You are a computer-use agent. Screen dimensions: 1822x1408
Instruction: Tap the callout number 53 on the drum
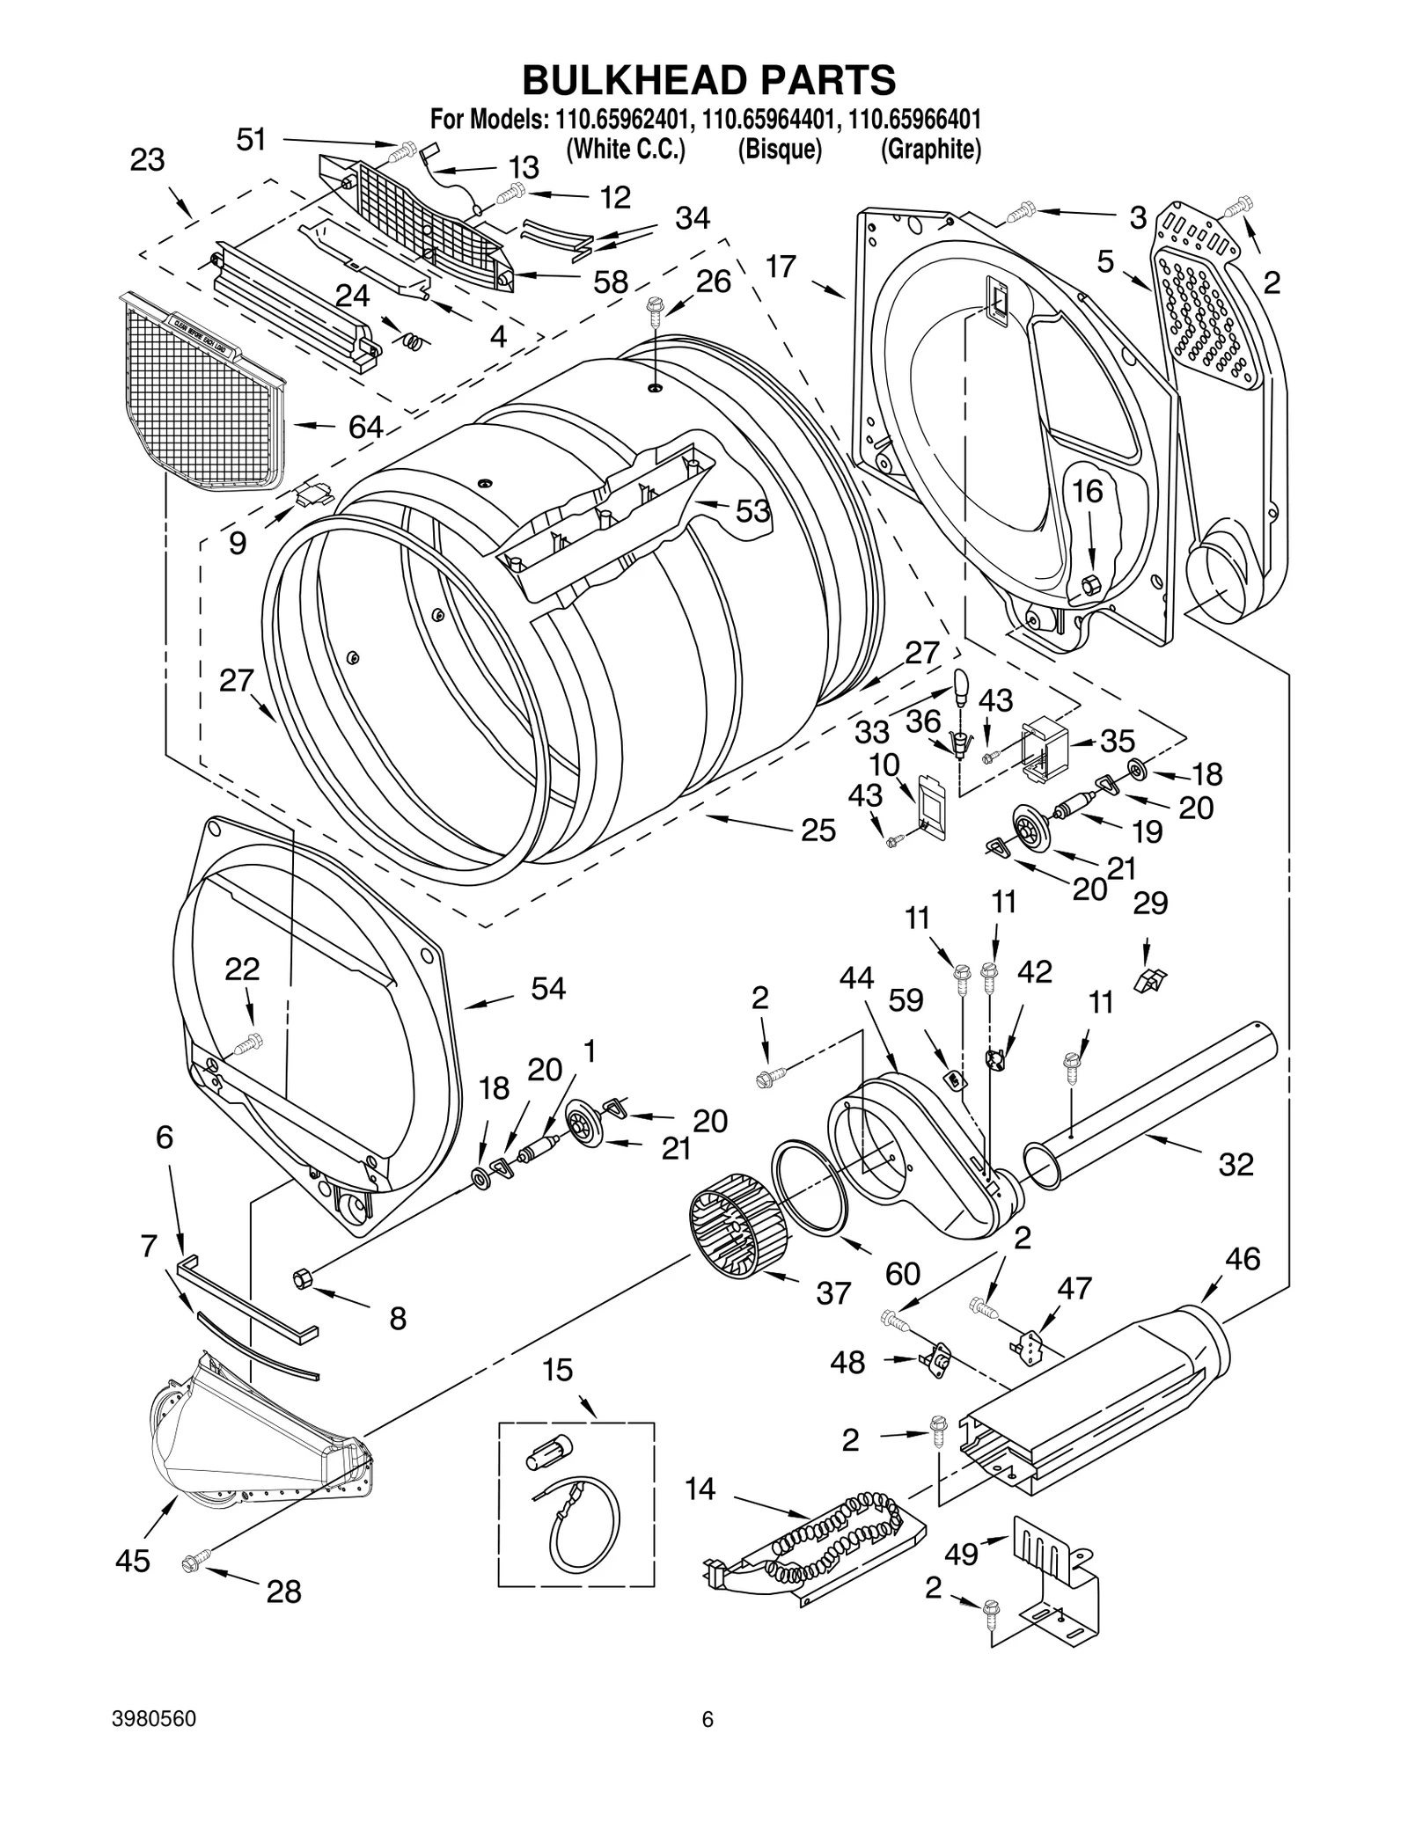coord(752,511)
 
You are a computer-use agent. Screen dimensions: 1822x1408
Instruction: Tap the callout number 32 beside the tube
coord(1236,1164)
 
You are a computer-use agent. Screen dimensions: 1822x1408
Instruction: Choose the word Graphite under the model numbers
coord(930,150)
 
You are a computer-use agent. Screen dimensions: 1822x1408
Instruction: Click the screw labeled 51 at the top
coord(401,150)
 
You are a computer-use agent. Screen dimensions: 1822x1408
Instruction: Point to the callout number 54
coord(547,989)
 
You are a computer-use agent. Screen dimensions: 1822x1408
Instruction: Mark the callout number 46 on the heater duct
coord(1243,1259)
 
